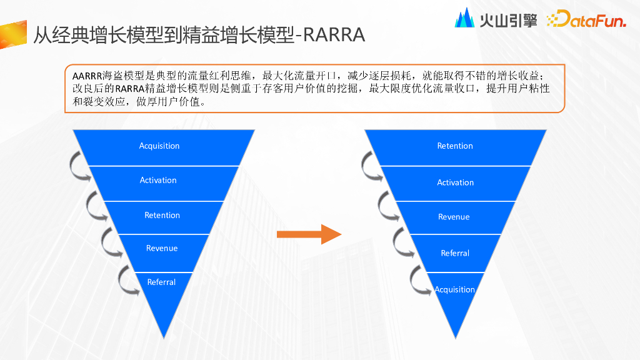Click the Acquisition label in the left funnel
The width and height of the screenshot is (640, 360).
(x=159, y=146)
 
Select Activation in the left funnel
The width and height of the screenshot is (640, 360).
(x=158, y=181)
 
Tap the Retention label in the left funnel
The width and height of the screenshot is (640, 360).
(x=162, y=216)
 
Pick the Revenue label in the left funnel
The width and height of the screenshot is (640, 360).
(x=162, y=249)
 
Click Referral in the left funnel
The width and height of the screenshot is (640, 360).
(x=161, y=282)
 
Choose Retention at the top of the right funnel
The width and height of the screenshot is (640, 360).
(x=455, y=146)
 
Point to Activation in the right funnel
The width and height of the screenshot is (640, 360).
(x=455, y=183)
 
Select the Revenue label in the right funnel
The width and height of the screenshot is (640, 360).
(x=454, y=217)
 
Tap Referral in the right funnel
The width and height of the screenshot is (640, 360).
(x=455, y=254)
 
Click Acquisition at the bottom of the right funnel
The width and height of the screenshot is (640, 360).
(x=455, y=290)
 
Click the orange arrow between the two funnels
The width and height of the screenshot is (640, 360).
(x=309, y=234)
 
